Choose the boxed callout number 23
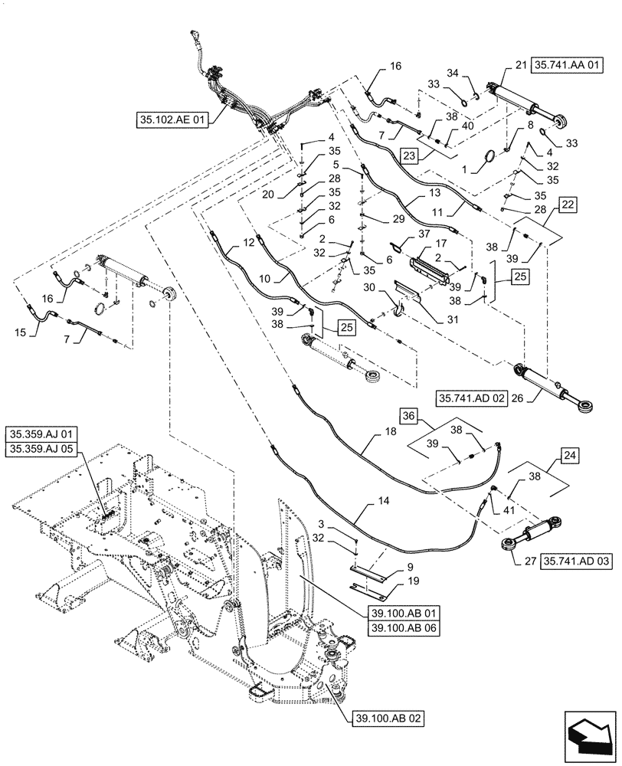409,154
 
